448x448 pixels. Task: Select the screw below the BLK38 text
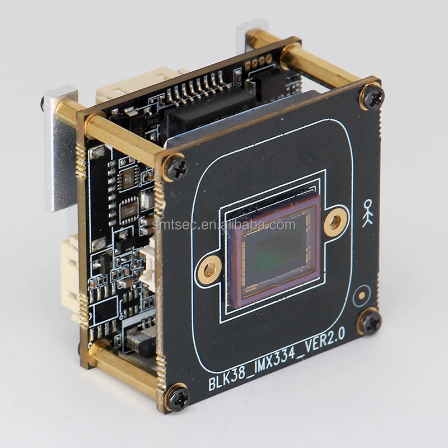[x=178, y=397]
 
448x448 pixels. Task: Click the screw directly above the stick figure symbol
[x=371, y=97]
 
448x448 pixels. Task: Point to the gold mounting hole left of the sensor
[x=208, y=271]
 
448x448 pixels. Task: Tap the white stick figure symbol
[x=367, y=213]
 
